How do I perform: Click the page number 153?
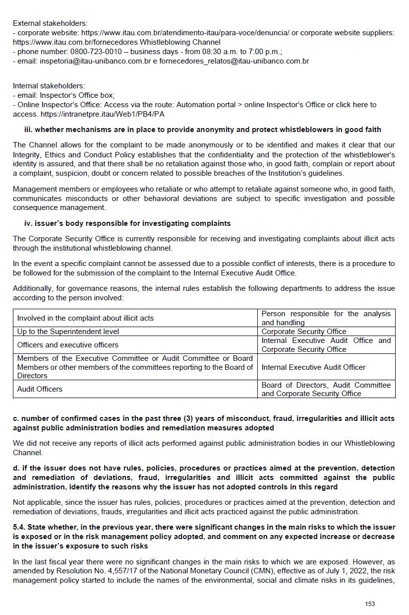point(369,604)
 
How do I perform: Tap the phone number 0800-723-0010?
point(93,52)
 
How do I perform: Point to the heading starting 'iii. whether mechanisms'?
point(203,130)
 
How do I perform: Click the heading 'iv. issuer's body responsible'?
point(127,223)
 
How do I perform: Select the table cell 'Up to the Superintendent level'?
point(68,331)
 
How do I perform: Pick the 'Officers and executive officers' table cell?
point(68,345)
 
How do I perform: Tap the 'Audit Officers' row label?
point(40,389)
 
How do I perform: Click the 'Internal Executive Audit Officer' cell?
point(313,367)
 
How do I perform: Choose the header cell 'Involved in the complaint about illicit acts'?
point(85,318)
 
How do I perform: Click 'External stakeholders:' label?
point(50,23)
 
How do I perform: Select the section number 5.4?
point(20,527)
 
